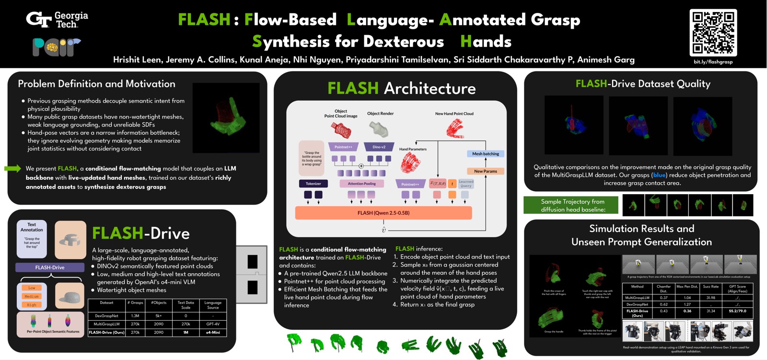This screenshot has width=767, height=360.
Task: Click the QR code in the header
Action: coord(713,33)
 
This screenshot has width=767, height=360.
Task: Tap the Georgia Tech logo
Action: coord(57,20)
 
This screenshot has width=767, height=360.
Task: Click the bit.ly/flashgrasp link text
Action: coord(713,62)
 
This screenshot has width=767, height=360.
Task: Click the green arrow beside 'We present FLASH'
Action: coord(13,168)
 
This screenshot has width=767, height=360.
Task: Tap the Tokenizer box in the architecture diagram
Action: coord(313,184)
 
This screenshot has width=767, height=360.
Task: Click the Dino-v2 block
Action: coord(379,147)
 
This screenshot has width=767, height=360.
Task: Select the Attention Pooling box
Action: coord(361,184)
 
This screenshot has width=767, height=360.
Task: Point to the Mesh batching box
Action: coord(485,154)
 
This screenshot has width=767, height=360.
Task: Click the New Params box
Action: coord(485,171)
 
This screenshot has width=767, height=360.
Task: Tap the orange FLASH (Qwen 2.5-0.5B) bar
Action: coord(383,213)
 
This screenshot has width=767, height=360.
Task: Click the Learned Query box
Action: coord(465,184)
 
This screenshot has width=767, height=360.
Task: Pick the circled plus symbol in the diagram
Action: coord(361,166)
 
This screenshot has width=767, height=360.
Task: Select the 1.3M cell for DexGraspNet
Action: coord(135,316)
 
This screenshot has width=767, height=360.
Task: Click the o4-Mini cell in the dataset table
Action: coord(213,332)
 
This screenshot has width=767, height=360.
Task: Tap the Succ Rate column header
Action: coord(710,287)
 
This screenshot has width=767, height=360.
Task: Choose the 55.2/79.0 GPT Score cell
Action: coord(737,311)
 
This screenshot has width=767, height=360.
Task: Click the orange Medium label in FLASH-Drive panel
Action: coord(32,296)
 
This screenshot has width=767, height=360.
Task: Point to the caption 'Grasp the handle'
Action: coord(553,331)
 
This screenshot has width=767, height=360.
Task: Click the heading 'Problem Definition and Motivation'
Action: coord(96,84)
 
